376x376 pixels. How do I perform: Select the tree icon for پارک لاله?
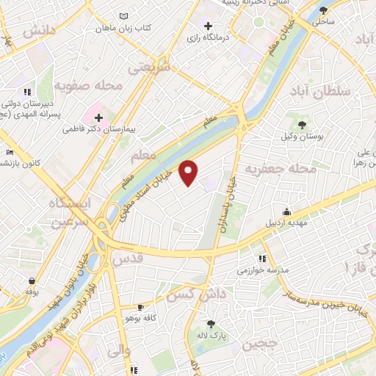(211, 324)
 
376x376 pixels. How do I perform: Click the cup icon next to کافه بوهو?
(140, 307)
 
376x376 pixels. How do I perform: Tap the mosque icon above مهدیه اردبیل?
(297, 211)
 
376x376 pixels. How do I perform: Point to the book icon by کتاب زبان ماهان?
(123, 16)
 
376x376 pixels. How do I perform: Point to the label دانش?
(39, 30)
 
